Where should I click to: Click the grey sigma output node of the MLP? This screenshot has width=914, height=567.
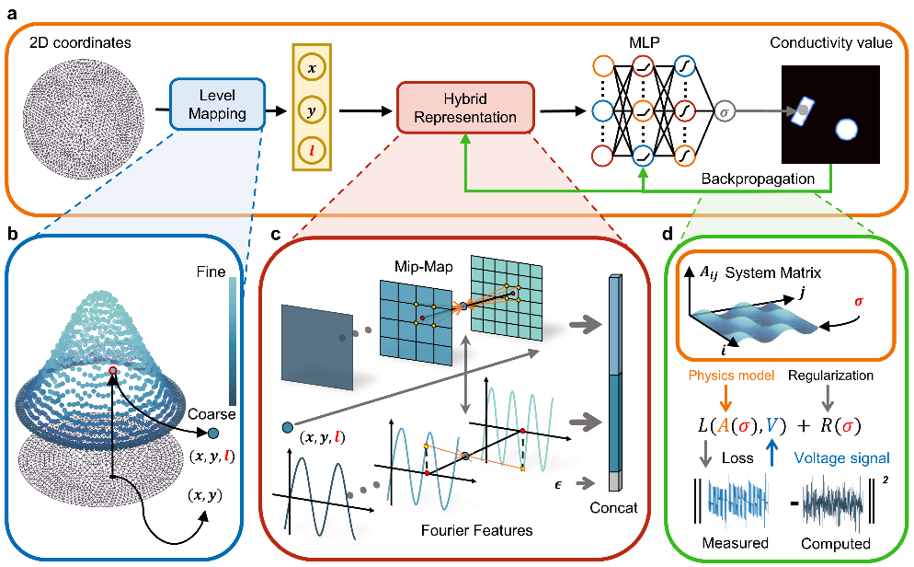(725, 111)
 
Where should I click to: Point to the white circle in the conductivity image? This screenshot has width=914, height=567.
(845, 130)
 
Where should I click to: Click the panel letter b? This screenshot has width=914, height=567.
(12, 234)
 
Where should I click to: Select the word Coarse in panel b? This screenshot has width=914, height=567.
(211, 414)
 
